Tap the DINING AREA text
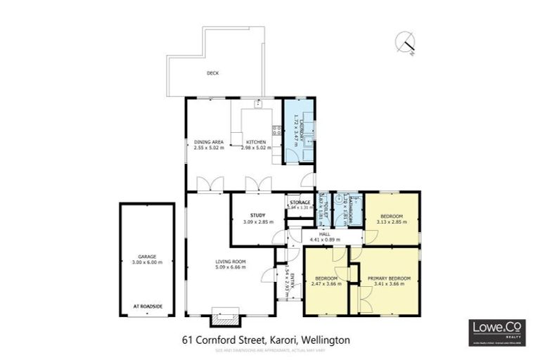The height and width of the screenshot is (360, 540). click(208, 143)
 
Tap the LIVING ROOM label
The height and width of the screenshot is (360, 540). click(229, 262)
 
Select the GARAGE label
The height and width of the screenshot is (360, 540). click(147, 257)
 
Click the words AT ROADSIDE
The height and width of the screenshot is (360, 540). click(147, 307)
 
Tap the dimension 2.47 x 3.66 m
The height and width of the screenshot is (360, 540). click(327, 284)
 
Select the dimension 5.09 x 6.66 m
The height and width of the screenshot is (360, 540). click(229, 267)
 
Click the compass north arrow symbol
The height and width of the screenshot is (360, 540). click(407, 42)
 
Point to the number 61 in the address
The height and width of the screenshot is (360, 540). click(186, 340)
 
